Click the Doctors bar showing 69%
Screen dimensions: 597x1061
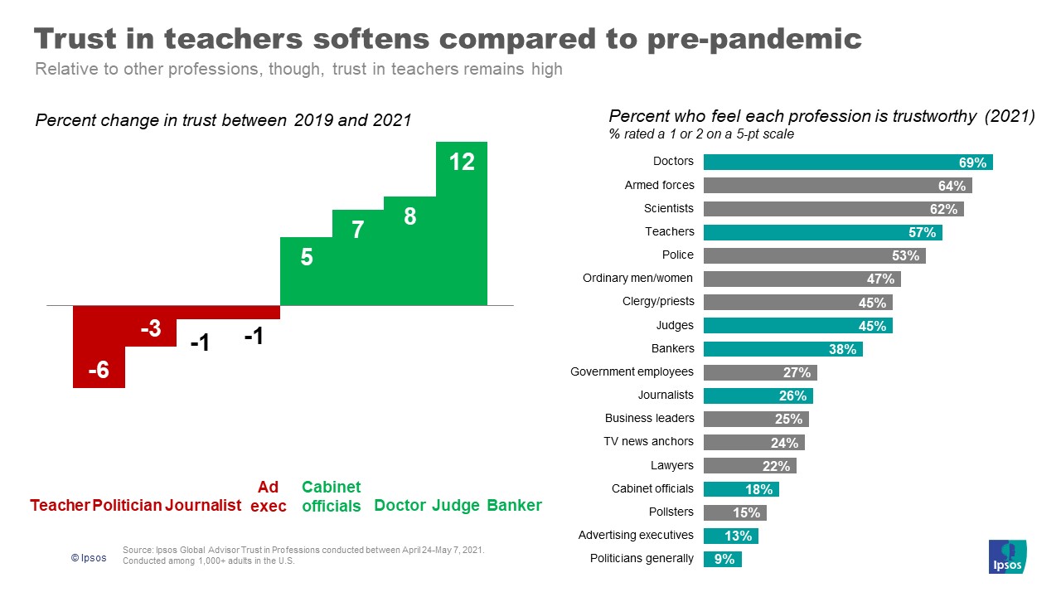pos(847,162)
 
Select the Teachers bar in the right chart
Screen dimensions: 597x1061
pos(822,232)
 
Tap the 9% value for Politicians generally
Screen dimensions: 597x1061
pos(724,560)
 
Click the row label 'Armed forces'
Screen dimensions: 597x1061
pos(659,185)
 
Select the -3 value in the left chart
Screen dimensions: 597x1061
pos(150,329)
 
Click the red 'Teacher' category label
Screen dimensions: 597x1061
pos(60,506)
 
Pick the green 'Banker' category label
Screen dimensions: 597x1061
pos(514,506)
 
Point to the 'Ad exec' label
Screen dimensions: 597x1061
pos(269,497)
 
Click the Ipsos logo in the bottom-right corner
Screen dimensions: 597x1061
pos(1007,556)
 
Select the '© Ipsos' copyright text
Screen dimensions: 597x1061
pos(89,558)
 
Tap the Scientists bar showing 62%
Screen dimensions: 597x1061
pos(833,209)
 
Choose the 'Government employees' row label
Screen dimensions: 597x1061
pos(632,372)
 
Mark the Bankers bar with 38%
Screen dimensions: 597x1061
pos(782,349)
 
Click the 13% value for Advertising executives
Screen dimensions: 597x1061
pos(737,536)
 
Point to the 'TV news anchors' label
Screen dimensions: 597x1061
pos(649,442)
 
